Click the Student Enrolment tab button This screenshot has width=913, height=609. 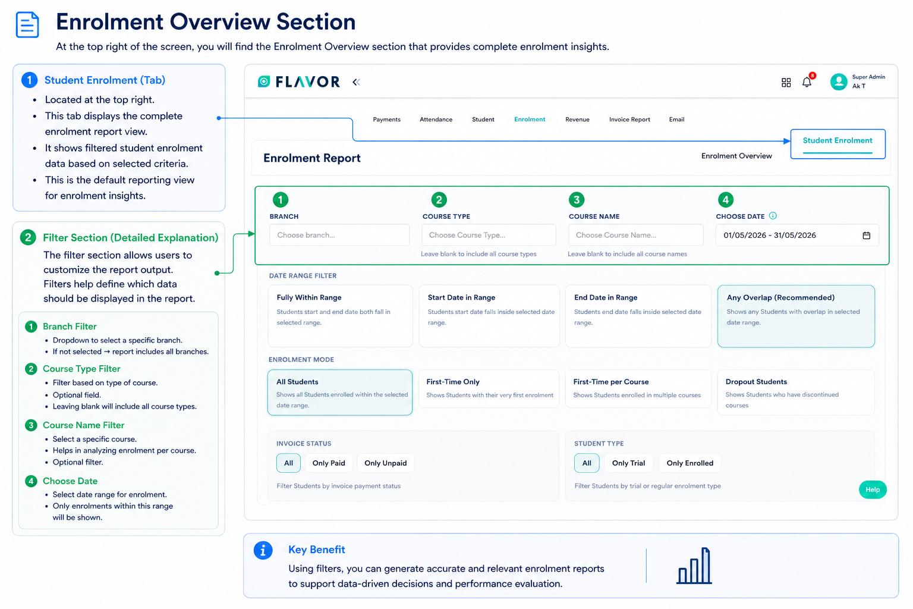[837, 143]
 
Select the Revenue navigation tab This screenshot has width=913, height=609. [577, 120]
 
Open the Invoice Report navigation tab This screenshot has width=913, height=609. [629, 120]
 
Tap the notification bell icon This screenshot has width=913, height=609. [807, 82]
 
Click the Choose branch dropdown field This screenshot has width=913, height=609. [339, 235]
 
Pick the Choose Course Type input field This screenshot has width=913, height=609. [489, 235]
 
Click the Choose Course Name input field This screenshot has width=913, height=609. [636, 235]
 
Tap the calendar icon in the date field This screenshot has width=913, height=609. [867, 236]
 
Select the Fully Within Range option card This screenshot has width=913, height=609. [341, 316]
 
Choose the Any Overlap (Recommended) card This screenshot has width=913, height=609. [796, 316]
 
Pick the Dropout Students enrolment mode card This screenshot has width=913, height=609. [796, 393]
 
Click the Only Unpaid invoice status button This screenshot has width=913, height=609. [386, 463]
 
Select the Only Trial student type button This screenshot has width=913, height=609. [628, 463]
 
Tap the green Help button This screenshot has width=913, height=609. [873, 489]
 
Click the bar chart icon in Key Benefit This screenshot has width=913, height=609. [694, 566]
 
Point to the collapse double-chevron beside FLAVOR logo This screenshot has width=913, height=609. [356, 83]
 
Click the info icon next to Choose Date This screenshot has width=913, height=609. [773, 216]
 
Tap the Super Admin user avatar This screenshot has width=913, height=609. [839, 81]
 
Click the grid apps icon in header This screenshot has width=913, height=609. [786, 83]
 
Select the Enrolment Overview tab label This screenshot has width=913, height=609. [736, 156]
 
